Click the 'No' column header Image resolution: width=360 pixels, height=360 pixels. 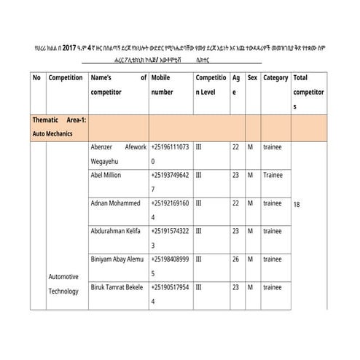click(36, 78)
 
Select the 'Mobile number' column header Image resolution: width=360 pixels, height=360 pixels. click(163, 85)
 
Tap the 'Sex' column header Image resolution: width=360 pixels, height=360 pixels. click(252, 78)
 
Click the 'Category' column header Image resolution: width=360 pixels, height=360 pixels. click(275, 78)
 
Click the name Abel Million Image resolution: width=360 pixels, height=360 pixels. click(106, 176)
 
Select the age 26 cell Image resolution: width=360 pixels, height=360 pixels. click(235, 258)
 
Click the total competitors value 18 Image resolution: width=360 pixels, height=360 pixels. click(297, 205)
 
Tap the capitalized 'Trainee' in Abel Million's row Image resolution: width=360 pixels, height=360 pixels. click(274, 176)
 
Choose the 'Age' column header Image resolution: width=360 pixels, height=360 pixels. click(236, 85)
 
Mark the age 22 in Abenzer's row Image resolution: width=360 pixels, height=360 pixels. click(235, 146)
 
